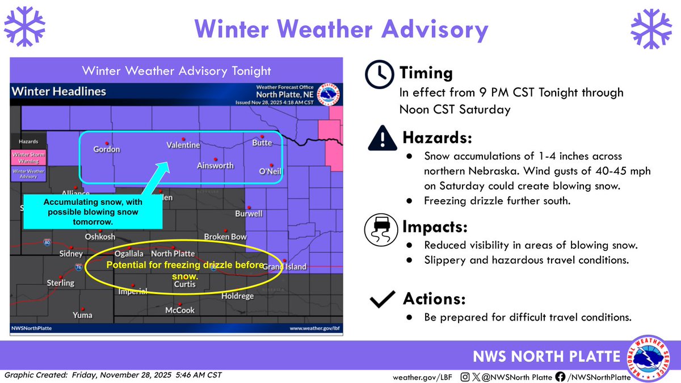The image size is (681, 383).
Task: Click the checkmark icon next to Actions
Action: tap(382, 300)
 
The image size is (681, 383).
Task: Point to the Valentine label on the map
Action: tap(183, 145)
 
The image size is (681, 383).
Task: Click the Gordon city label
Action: tap(107, 149)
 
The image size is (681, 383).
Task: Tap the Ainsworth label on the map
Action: tap(215, 165)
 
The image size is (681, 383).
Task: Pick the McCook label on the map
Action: tap(179, 310)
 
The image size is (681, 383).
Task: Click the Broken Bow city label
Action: tap(225, 237)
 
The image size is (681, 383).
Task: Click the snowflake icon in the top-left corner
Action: tap(24, 27)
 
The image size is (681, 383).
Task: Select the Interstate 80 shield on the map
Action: tap(45, 242)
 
